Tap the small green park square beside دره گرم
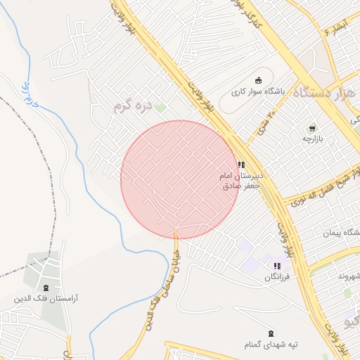tap(160, 108)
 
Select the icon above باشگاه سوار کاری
tap(258, 79)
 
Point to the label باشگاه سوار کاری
tap(259, 91)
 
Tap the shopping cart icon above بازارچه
tap(311, 129)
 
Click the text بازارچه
tap(311, 140)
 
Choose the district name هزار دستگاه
tap(324, 91)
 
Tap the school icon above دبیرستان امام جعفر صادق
tap(241, 165)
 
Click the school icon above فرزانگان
tap(277, 266)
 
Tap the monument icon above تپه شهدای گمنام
tap(271, 333)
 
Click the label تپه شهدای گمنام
tap(276, 345)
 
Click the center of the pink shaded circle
tap(180, 180)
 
